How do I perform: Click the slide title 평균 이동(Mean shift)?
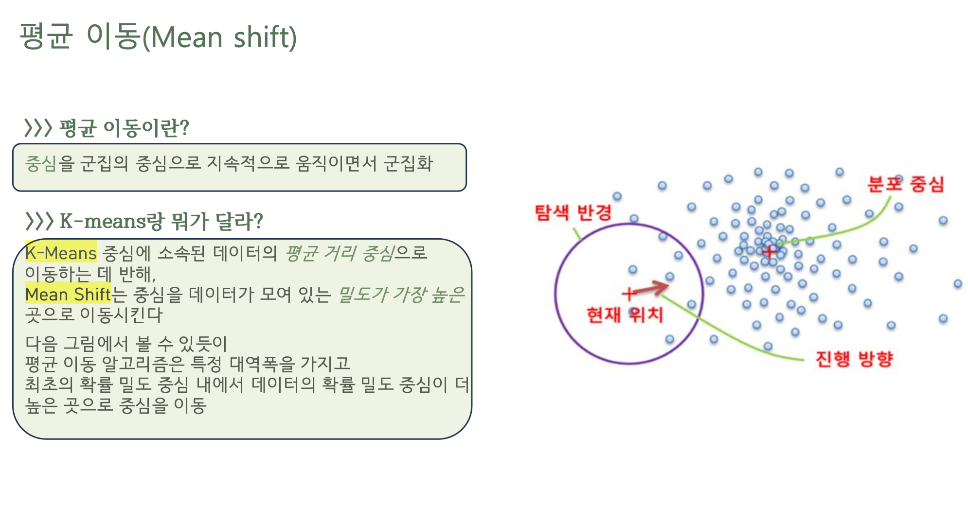(x=158, y=36)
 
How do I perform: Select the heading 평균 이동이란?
(x=124, y=128)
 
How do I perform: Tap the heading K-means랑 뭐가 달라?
(x=161, y=221)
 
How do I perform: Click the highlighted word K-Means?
(x=61, y=253)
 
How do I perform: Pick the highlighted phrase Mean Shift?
(x=68, y=294)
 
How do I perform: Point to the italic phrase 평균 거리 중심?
(x=339, y=253)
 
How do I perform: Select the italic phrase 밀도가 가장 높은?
(x=401, y=294)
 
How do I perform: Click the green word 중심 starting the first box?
(x=41, y=163)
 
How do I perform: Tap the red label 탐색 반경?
(x=573, y=212)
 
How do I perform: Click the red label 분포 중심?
(x=906, y=184)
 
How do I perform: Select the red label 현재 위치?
(x=625, y=315)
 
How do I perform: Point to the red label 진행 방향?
(x=854, y=359)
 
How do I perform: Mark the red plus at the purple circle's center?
(x=628, y=294)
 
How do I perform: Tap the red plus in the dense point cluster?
(x=770, y=252)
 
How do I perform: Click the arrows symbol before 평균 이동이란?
(x=38, y=128)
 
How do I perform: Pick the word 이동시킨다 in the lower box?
(x=121, y=315)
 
